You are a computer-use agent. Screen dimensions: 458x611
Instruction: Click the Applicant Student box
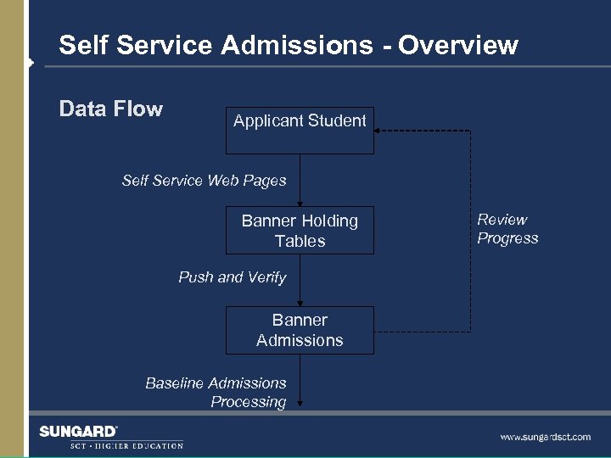(300, 131)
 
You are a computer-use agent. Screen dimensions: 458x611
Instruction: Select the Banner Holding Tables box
(300, 231)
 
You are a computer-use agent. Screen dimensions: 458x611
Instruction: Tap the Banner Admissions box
(300, 330)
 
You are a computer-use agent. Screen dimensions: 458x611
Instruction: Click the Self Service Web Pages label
(204, 180)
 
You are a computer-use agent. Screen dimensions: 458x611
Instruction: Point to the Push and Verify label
(232, 277)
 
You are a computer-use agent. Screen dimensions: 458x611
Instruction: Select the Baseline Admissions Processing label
(216, 393)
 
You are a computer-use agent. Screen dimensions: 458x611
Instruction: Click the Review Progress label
(507, 229)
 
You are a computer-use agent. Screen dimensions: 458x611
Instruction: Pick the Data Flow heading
(110, 109)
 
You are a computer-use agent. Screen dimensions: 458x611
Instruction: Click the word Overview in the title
(458, 45)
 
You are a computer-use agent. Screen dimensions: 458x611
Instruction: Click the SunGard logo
(78, 432)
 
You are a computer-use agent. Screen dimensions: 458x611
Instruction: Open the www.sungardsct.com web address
(545, 437)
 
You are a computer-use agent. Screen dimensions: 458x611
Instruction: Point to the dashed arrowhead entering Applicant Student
(378, 131)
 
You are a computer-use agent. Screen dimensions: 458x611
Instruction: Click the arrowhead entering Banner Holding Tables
(300, 204)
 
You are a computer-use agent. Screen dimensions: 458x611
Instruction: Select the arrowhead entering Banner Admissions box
(300, 303)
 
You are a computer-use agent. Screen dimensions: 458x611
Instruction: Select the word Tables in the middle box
(300, 242)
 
